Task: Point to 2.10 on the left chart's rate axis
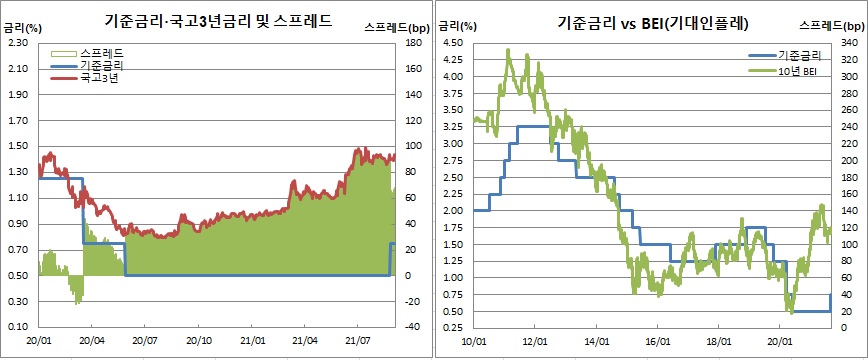[19, 69]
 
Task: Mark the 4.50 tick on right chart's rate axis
[452, 43]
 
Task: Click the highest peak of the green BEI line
[509, 49]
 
